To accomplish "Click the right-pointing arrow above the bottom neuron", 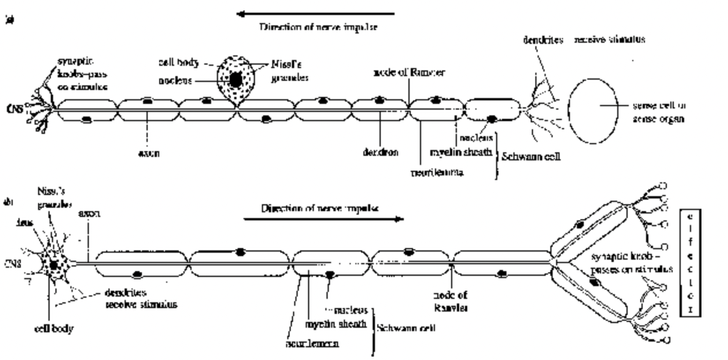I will (323, 219).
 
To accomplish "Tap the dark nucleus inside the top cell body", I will (235, 80).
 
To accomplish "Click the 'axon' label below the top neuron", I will (148, 154).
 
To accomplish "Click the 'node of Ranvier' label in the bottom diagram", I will (451, 302).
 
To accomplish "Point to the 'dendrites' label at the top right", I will (543, 41).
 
